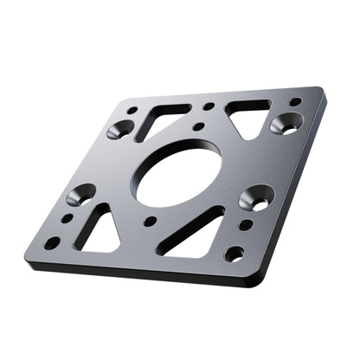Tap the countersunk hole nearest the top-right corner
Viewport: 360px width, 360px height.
click(x=286, y=124)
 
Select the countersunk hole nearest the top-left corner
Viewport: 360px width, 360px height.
click(x=121, y=130)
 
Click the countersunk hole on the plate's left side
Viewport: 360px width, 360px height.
click(x=81, y=195)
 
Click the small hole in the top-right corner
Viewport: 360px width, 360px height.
click(x=295, y=102)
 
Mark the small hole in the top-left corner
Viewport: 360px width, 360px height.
click(x=132, y=110)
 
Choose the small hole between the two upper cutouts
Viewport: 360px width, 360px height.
click(x=209, y=106)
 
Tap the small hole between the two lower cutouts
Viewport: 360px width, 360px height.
click(x=151, y=222)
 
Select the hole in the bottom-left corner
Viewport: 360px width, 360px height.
click(x=52, y=243)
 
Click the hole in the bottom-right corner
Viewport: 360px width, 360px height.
click(x=235, y=254)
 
